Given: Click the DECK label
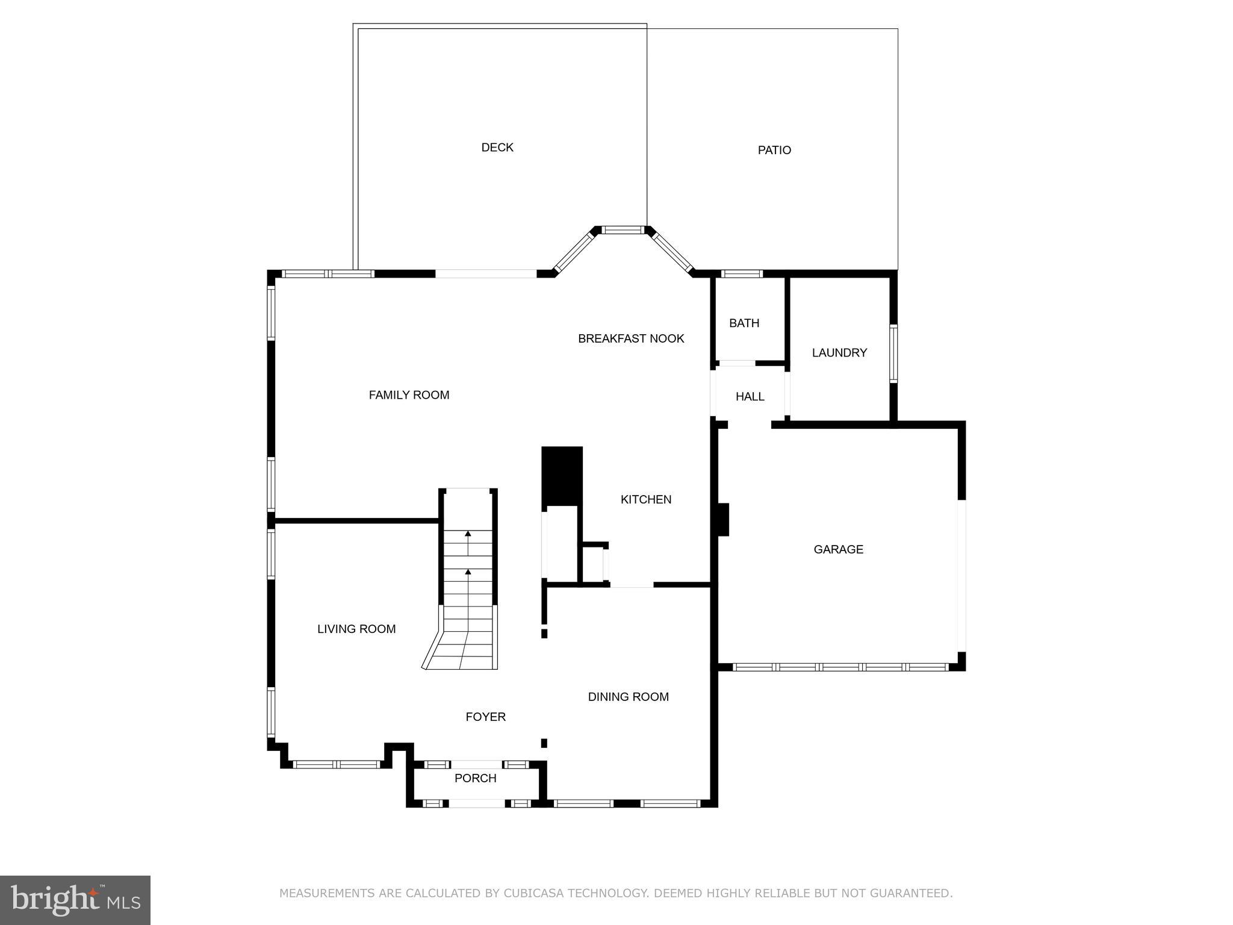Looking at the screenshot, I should [497, 148].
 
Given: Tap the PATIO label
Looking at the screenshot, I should [774, 150].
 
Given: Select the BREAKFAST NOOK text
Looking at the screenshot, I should [631, 338].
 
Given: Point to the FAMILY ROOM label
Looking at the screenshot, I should [409, 395].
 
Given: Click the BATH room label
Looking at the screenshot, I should [744, 323].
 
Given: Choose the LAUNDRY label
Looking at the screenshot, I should [839, 353].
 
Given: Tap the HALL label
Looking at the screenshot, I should [750, 397].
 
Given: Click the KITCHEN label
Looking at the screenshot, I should [646, 499].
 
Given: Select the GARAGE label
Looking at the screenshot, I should [838, 549].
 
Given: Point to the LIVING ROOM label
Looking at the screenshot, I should [356, 629].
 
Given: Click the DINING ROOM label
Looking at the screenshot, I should [629, 697].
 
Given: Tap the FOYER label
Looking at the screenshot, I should [485, 717].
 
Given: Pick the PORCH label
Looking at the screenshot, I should [475, 778].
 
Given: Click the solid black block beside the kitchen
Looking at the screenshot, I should [562, 476].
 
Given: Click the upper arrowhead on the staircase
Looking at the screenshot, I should [468, 534].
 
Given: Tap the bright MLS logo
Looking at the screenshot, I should [75, 900].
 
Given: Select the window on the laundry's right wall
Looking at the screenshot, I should [893, 353].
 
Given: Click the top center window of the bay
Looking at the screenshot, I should [623, 230].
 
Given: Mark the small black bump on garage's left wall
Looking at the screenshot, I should [723, 520].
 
